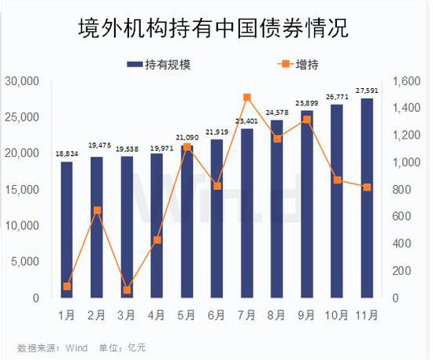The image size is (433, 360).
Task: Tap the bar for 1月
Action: tap(66, 229)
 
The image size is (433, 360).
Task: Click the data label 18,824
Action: tap(67, 155)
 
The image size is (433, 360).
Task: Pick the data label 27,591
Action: tap(366, 91)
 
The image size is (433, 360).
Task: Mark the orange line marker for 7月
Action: tap(246, 98)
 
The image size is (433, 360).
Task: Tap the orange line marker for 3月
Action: tap(127, 290)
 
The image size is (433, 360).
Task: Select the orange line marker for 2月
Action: tap(97, 210)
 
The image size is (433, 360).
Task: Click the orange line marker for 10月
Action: tap(336, 180)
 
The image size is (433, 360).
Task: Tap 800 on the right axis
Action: tap(400, 190)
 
